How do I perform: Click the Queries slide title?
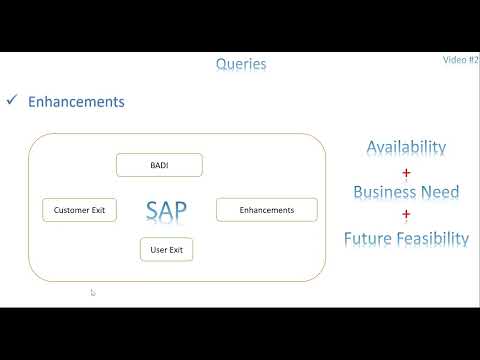pos(241,64)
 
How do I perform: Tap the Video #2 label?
pos(460,60)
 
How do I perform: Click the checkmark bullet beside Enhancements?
pos(13,101)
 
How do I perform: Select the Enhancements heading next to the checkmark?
pos(76,102)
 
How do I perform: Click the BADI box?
pos(159,165)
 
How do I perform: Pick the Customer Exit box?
pos(79,210)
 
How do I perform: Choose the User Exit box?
pos(165,249)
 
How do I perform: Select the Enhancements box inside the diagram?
pos(267,210)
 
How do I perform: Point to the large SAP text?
pos(166,210)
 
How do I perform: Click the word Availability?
pos(406,147)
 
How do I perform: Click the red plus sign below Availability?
pos(406,171)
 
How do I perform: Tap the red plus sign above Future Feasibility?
pos(406,215)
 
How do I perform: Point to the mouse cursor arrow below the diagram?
pos(93,293)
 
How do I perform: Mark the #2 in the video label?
pos(473,60)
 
